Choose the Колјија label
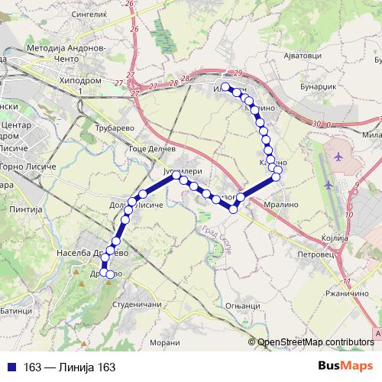pos(335,238)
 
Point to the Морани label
pos(164,341)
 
